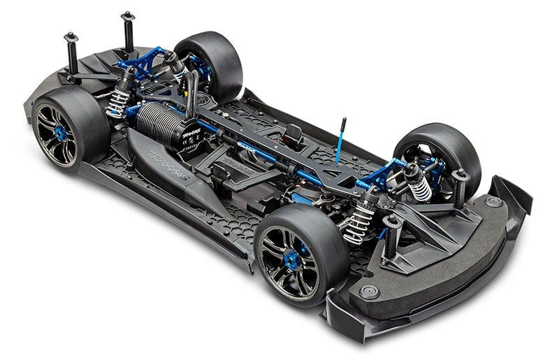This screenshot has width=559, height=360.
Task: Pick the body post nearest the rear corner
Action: pyautogui.click(x=71, y=56)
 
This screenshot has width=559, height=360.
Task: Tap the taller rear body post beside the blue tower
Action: pyautogui.click(x=128, y=31)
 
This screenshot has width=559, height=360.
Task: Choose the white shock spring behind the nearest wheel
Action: pyautogui.click(x=358, y=224)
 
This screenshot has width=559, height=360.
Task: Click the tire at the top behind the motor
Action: pyautogui.click(x=213, y=63)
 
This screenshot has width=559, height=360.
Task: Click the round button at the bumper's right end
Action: pyautogui.click(x=494, y=202)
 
